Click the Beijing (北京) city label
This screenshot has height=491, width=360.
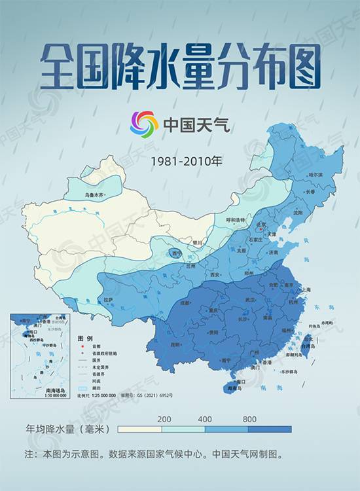click(262, 225)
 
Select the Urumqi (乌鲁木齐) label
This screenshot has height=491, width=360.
click(96, 194)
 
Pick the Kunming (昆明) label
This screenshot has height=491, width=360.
click(175, 344)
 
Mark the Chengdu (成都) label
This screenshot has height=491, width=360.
click(185, 302)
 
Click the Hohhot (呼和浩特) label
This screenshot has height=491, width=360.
click(235, 220)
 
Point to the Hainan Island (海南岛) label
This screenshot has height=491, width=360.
click(234, 388)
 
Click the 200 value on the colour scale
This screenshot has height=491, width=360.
click(164, 419)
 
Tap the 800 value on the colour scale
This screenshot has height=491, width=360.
click(249, 419)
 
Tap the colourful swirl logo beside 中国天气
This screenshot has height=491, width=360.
click(144, 124)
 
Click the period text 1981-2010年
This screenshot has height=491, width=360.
click(179, 160)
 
